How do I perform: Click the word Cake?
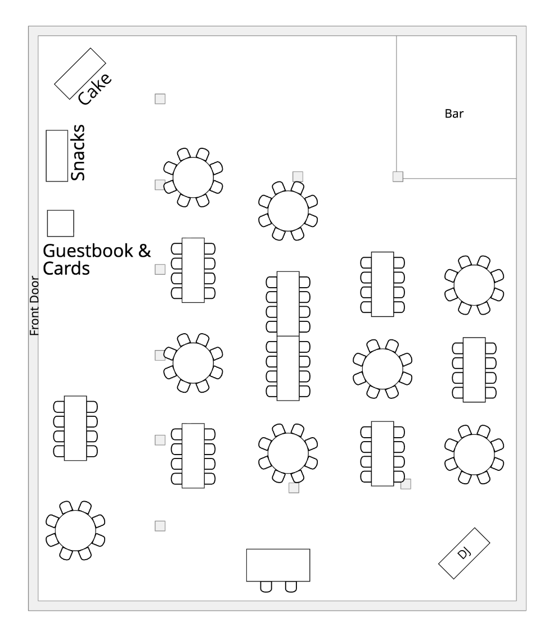point(94,89)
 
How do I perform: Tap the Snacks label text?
point(78,153)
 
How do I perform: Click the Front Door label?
point(34,306)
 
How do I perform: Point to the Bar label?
point(454,114)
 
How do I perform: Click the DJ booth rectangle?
point(464,553)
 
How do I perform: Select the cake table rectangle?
point(80,73)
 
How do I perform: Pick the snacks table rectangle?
point(57,156)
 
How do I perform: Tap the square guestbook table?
point(60,223)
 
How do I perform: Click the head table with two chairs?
point(278,565)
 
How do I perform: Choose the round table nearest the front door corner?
point(75,530)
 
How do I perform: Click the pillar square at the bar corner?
point(398,177)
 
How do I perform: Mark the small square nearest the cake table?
point(160,99)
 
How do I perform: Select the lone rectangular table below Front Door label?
point(75,428)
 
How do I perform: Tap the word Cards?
point(67,269)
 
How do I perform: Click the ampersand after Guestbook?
point(145,251)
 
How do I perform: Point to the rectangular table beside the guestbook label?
point(193,270)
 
